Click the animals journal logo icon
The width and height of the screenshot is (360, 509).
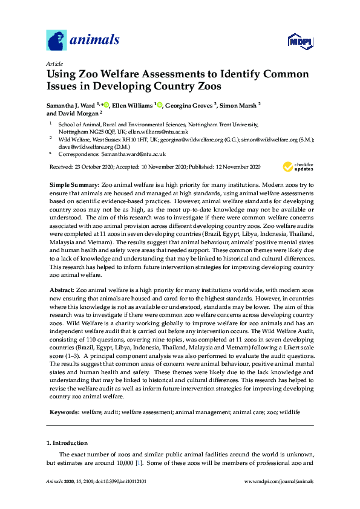tap(57, 41)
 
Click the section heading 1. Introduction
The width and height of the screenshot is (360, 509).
tap(67, 443)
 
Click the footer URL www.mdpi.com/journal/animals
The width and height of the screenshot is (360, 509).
tap(277, 481)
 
